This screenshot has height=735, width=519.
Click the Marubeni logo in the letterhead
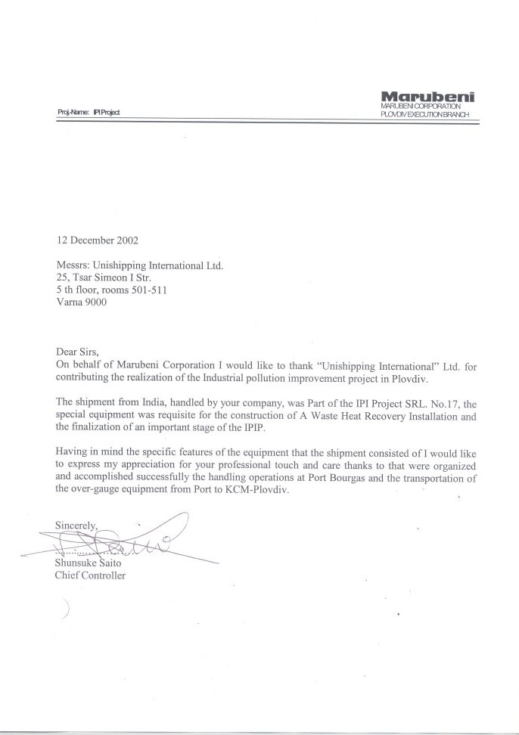click(x=428, y=96)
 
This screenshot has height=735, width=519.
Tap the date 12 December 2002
click(x=98, y=241)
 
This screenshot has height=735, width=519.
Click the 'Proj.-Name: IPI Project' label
click(x=89, y=112)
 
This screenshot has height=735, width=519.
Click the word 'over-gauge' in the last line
click(x=100, y=489)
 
